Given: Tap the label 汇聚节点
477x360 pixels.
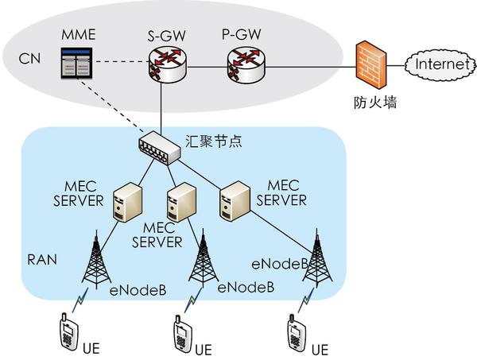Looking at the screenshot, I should click(218, 141).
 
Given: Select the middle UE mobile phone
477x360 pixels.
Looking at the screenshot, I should click(181, 333).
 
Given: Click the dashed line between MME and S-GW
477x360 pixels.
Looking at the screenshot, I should click(119, 63).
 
